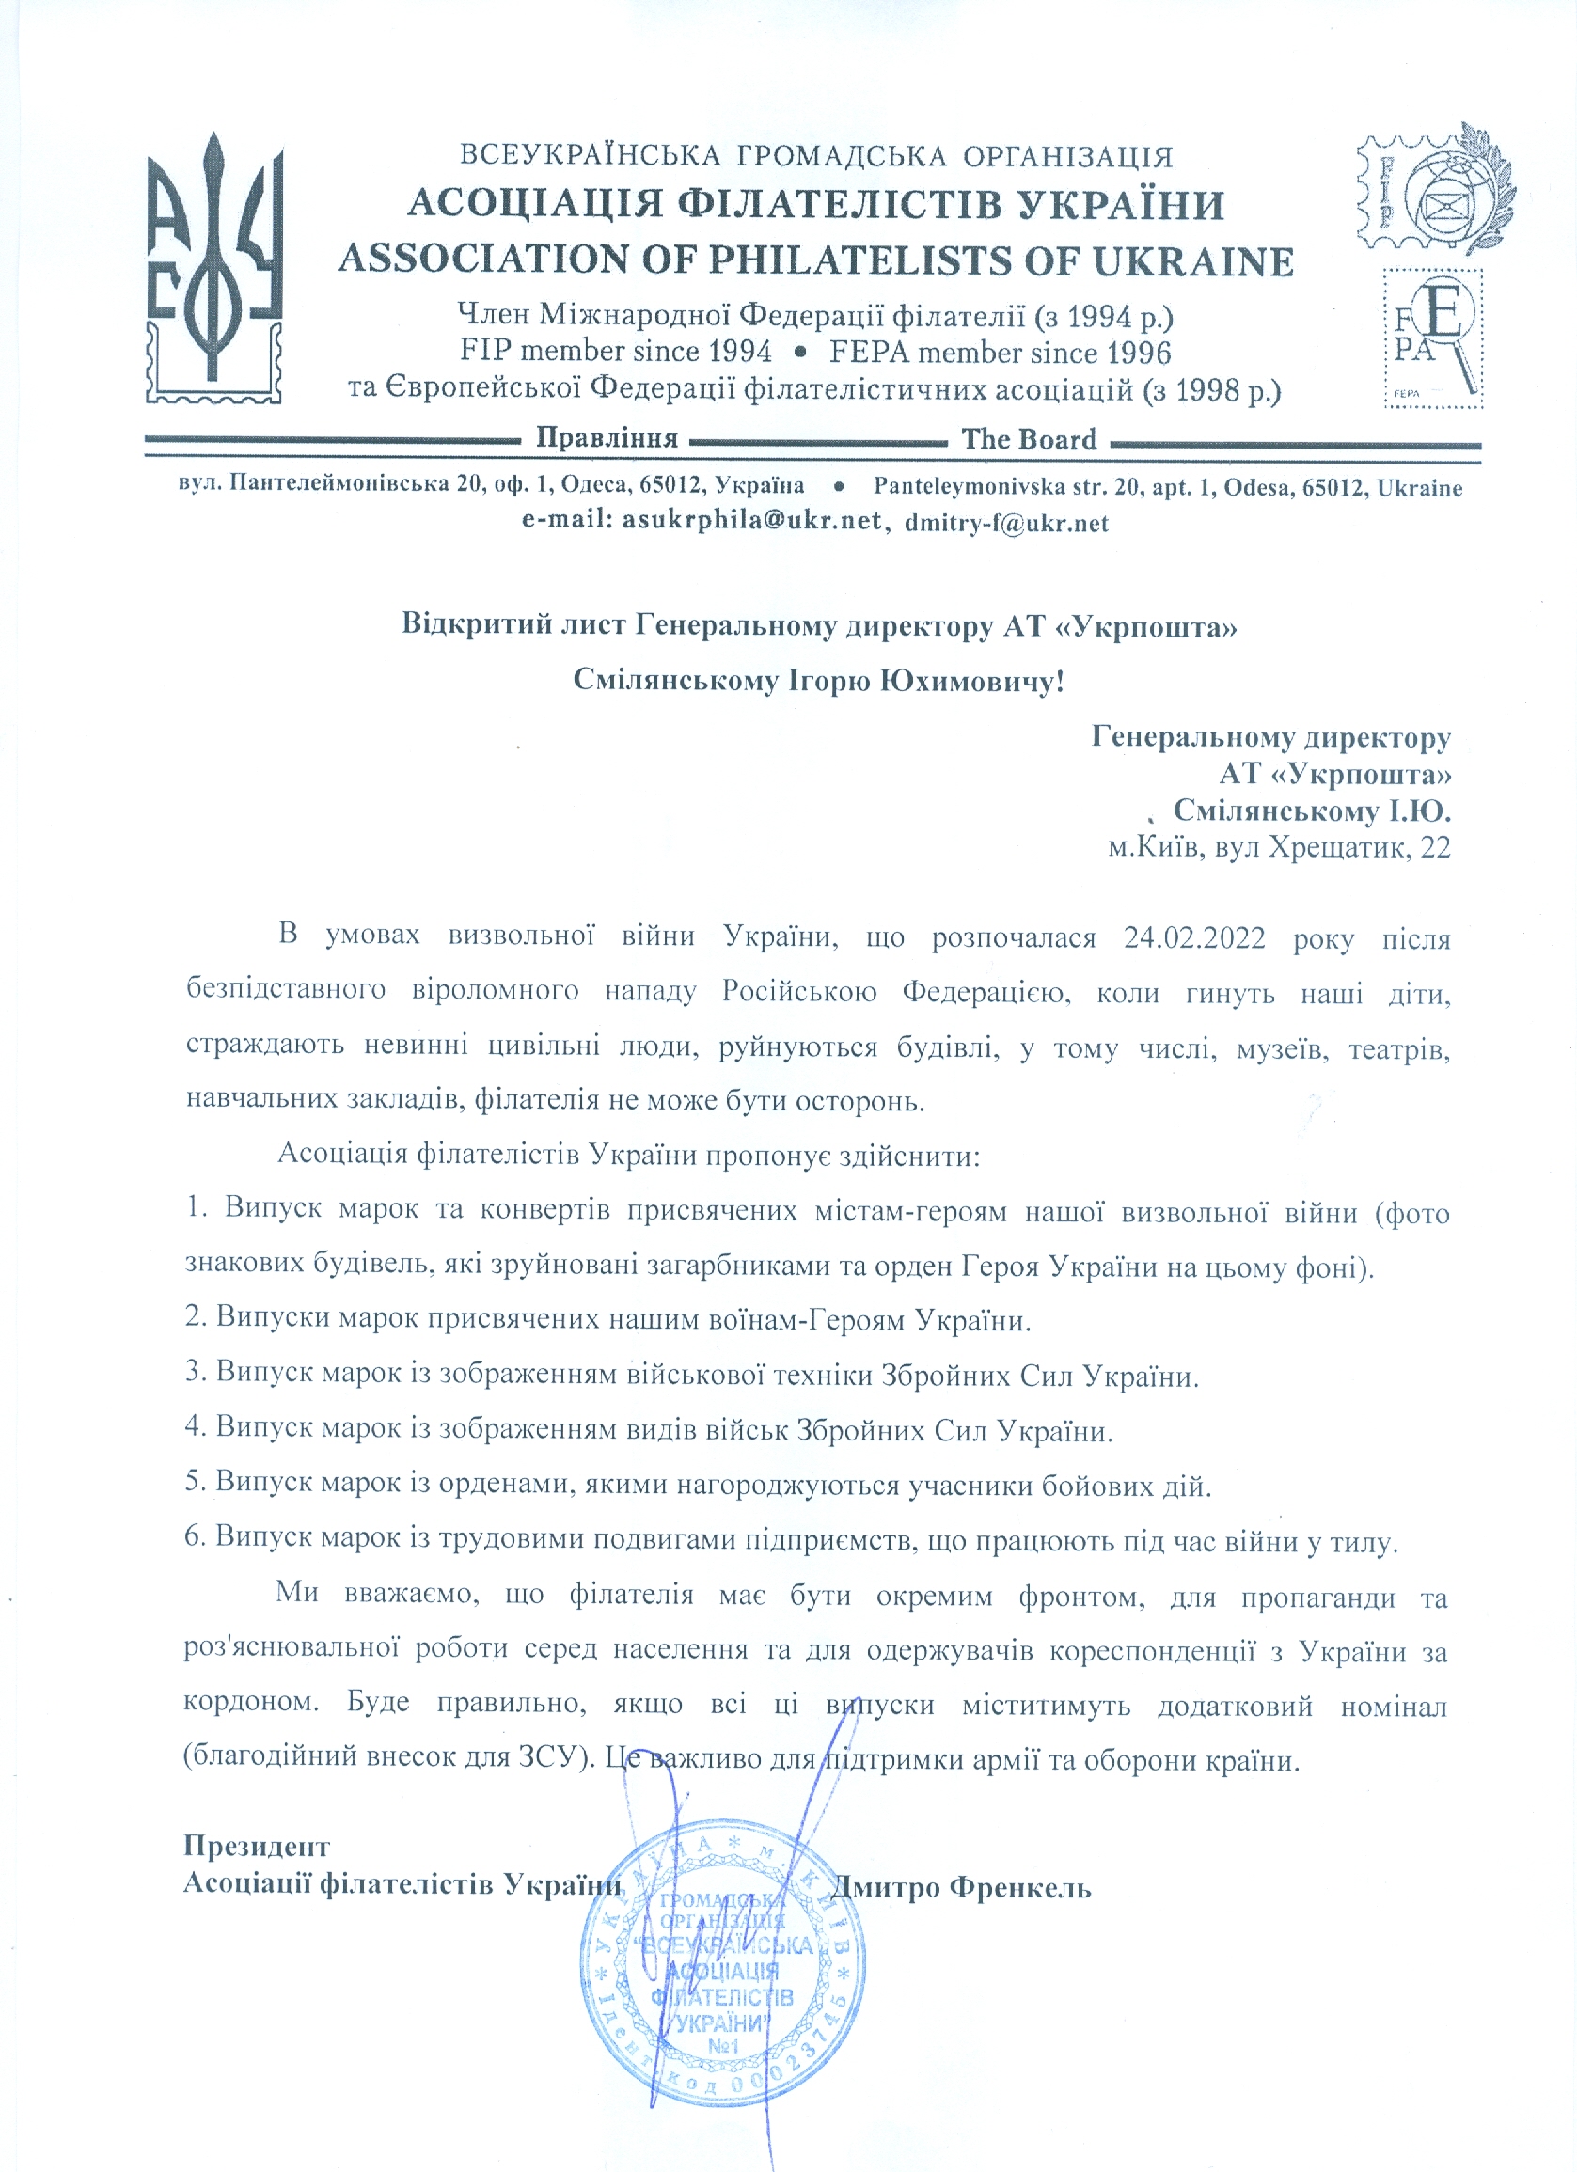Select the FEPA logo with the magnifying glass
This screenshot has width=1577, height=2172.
point(1432,338)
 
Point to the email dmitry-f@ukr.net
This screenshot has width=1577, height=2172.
point(1006,523)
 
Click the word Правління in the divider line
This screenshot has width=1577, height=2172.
point(607,438)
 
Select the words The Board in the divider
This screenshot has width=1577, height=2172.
point(1029,440)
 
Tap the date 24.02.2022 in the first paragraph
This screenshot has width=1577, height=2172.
point(1194,936)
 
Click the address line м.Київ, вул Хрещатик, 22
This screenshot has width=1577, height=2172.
point(1278,847)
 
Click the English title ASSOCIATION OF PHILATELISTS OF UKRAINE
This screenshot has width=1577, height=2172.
point(816,260)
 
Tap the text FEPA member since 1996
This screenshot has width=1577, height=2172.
point(1000,353)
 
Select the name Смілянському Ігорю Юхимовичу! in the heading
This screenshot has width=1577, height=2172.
point(818,680)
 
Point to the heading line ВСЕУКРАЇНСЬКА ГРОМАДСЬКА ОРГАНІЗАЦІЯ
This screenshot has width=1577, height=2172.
point(816,156)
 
